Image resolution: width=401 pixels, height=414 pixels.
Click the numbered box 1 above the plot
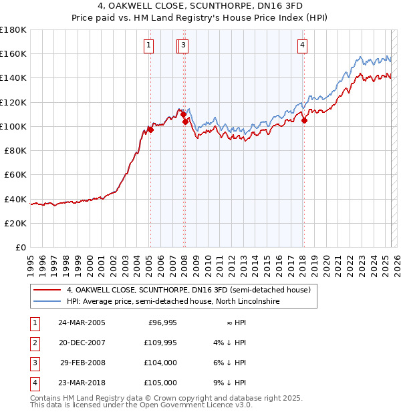pos(148,45)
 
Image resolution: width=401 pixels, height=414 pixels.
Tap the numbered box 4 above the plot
pos(303,45)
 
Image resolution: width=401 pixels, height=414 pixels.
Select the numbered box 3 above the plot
pos(183,45)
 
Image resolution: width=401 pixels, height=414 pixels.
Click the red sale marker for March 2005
pos(150,130)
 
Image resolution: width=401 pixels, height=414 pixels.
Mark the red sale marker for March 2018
pos(304,120)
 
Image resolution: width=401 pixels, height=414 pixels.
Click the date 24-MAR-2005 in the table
pos(82,323)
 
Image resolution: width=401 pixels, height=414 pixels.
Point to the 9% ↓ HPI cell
pos(230,383)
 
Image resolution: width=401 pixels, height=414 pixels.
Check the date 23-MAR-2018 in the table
pos(82,383)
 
